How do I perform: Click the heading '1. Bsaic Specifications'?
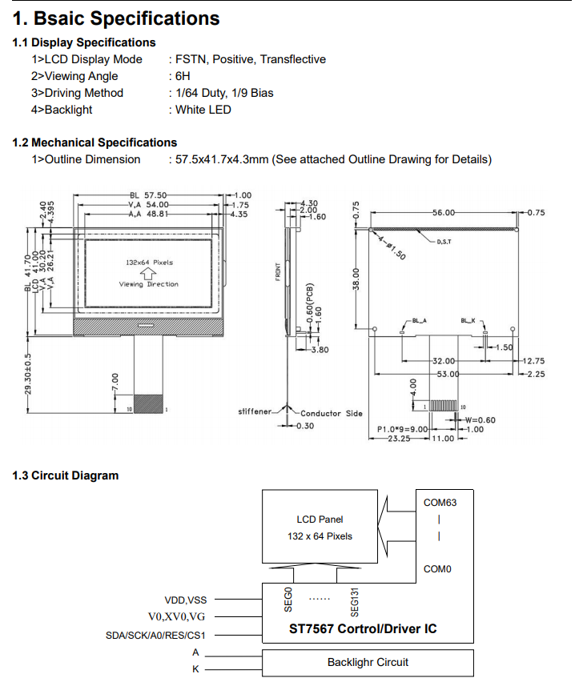tap(116, 18)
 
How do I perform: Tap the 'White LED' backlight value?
tap(203, 110)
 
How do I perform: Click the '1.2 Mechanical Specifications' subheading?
tap(94, 142)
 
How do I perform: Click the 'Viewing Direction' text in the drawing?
tap(149, 284)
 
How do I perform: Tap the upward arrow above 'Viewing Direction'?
tap(148, 273)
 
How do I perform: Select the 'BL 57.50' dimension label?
tap(148, 195)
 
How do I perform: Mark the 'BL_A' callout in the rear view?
tap(419, 320)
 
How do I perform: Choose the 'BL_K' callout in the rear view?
tap(468, 320)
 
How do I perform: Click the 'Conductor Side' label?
tap(332, 414)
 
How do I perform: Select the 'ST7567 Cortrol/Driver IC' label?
tap(363, 628)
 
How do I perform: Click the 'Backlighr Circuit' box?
tap(368, 663)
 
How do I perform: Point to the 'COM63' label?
tap(440, 503)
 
